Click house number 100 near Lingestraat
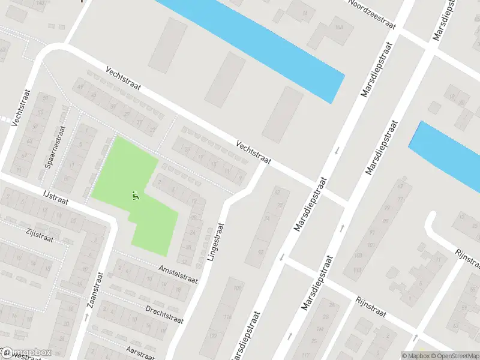pyautogui.click(x=238, y=289)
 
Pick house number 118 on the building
pyautogui.click(x=227, y=317)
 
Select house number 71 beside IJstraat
pyautogui.click(x=19, y=170)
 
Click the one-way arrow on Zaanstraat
pyautogui.click(x=87, y=316)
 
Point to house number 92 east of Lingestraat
pyautogui.click(x=277, y=192)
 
